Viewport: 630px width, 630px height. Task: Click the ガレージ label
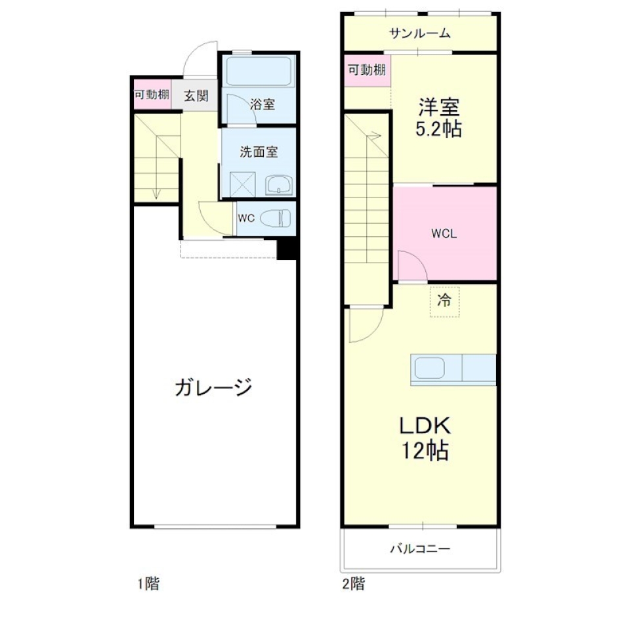pyautogui.click(x=213, y=387)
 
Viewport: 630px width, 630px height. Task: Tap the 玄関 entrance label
pyautogui.click(x=196, y=96)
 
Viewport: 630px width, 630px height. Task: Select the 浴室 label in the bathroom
pyautogui.click(x=262, y=104)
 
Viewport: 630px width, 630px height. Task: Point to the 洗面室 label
pyautogui.click(x=258, y=152)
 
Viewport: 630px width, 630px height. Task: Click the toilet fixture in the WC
pyautogui.click(x=276, y=217)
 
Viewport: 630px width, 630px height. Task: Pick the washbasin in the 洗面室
pyautogui.click(x=280, y=185)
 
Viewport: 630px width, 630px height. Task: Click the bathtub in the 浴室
pyautogui.click(x=259, y=70)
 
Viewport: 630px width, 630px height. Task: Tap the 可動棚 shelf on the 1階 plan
pyautogui.click(x=152, y=94)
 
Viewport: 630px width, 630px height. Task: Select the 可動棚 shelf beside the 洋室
pyautogui.click(x=367, y=71)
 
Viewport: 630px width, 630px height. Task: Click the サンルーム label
pyautogui.click(x=419, y=33)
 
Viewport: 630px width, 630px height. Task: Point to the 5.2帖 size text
pyautogui.click(x=438, y=129)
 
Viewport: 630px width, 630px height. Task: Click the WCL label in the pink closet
pyautogui.click(x=444, y=234)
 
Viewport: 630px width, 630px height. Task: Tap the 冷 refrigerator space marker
pyautogui.click(x=444, y=302)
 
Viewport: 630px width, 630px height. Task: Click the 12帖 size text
pyautogui.click(x=425, y=451)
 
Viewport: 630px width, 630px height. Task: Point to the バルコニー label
pyautogui.click(x=420, y=549)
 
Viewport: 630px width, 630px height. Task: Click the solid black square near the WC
pyautogui.click(x=287, y=249)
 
